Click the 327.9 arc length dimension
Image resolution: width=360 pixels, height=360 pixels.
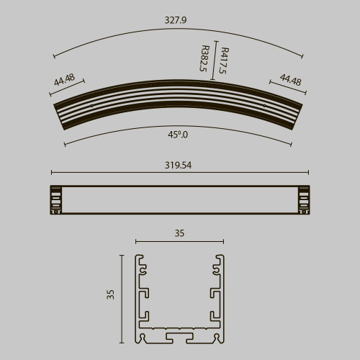175,21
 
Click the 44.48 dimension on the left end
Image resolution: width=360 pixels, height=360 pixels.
64,80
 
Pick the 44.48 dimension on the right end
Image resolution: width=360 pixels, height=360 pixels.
290,79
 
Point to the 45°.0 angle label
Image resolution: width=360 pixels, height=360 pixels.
178,134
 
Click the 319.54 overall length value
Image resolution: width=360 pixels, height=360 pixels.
179,165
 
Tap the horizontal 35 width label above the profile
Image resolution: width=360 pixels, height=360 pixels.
179,233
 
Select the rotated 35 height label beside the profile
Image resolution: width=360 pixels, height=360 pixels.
110,294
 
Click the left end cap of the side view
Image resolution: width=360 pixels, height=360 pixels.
55,200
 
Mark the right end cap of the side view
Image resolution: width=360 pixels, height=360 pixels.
303,200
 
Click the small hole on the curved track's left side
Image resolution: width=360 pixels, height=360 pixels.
91,106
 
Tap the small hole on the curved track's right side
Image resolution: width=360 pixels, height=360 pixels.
266,106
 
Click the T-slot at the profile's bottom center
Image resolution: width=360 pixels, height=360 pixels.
179,336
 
